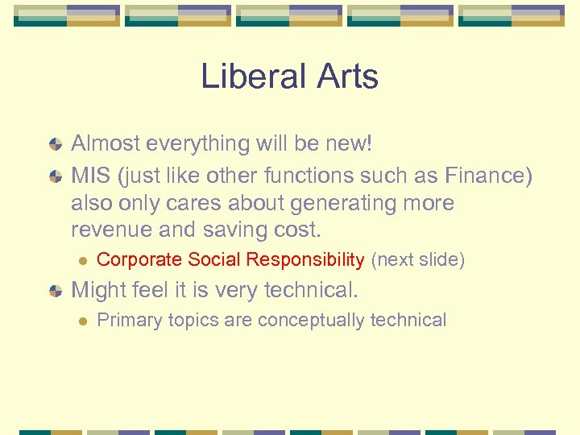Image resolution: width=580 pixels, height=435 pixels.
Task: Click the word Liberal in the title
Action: pos(251,77)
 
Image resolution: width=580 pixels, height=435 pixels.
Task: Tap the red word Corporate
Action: pos(139,260)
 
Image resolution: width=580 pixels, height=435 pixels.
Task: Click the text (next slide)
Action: pos(417,260)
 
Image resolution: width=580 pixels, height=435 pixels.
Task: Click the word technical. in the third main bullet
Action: pos(313,289)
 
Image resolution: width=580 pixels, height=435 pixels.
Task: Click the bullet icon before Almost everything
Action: pos(55,145)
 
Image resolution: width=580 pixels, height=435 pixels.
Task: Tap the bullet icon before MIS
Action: pos(55,176)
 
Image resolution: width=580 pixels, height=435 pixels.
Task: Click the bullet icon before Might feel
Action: pos(55,290)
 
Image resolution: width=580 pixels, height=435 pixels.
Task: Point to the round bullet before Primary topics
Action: pos(81,321)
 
